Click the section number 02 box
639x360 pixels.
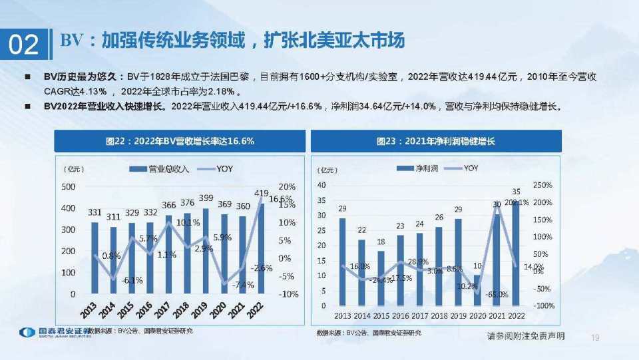24,44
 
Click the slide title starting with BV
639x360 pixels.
232,41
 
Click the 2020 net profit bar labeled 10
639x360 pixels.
477,290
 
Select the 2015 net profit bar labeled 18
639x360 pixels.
381,278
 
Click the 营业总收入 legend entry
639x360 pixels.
159,169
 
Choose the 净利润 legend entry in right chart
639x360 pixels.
417,168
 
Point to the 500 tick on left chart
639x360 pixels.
68,187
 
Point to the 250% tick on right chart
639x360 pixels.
543,185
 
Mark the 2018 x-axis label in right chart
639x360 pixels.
438,315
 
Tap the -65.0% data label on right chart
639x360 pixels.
497,293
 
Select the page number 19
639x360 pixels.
595,337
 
